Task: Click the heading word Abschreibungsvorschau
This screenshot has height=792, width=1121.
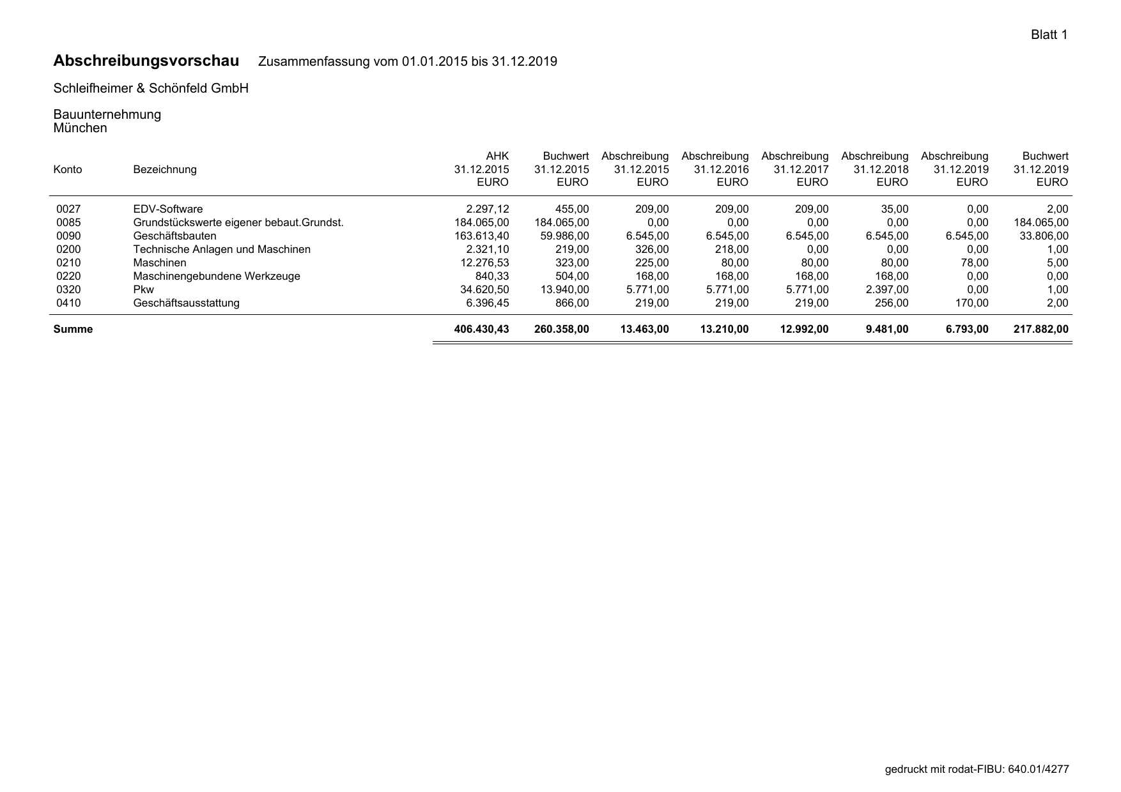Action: pyautogui.click(x=146, y=61)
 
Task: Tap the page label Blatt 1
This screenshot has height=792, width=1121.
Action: pyautogui.click(x=1049, y=35)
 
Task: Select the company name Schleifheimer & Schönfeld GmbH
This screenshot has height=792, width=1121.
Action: pyautogui.click(x=151, y=88)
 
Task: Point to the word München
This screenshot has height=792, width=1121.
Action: pyautogui.click(x=80, y=128)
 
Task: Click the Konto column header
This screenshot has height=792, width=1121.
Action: pyautogui.click(x=68, y=169)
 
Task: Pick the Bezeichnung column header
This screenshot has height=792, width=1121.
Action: pyautogui.click(x=164, y=169)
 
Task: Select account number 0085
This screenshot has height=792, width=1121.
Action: pyautogui.click(x=68, y=222)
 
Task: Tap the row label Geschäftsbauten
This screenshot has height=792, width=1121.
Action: pyautogui.click(x=174, y=236)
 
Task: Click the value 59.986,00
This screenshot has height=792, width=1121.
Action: pyautogui.click(x=564, y=236)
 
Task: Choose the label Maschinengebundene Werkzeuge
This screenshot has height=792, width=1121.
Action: pyautogui.click(x=216, y=276)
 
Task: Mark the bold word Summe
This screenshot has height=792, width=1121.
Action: pyautogui.click(x=73, y=329)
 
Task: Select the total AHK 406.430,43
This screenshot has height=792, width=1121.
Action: pyautogui.click(x=481, y=329)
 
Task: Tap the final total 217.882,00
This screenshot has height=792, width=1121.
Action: pyautogui.click(x=1040, y=329)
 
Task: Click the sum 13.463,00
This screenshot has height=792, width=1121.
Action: pyautogui.click(x=644, y=329)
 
